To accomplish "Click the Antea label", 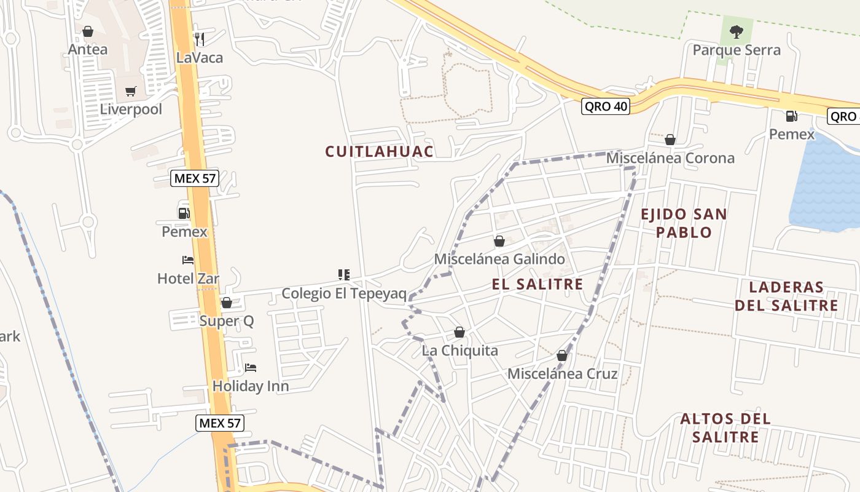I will tap(88, 49).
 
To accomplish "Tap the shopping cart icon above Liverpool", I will tap(130, 92).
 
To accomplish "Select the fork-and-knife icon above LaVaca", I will tap(199, 39).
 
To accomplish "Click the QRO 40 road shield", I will tap(606, 106).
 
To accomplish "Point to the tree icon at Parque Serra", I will tap(736, 31).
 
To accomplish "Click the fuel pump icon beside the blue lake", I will tap(791, 116).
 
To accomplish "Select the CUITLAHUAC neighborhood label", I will tap(379, 151).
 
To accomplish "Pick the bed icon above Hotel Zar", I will tap(187, 260).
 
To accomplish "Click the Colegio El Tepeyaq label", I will tap(344, 293).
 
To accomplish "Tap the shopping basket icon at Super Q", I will tap(226, 303).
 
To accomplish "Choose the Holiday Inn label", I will tap(250, 386).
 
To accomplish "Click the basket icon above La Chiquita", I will tap(459, 333).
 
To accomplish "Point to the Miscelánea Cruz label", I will tap(562, 373).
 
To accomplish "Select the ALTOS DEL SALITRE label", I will tap(725, 427).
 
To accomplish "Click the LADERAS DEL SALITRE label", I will tap(786, 296).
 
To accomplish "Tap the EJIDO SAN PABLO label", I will tap(684, 223).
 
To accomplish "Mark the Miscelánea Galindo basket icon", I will tap(499, 241).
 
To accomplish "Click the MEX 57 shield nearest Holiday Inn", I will tap(220, 423).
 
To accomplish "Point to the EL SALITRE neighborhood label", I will tap(537, 284).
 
